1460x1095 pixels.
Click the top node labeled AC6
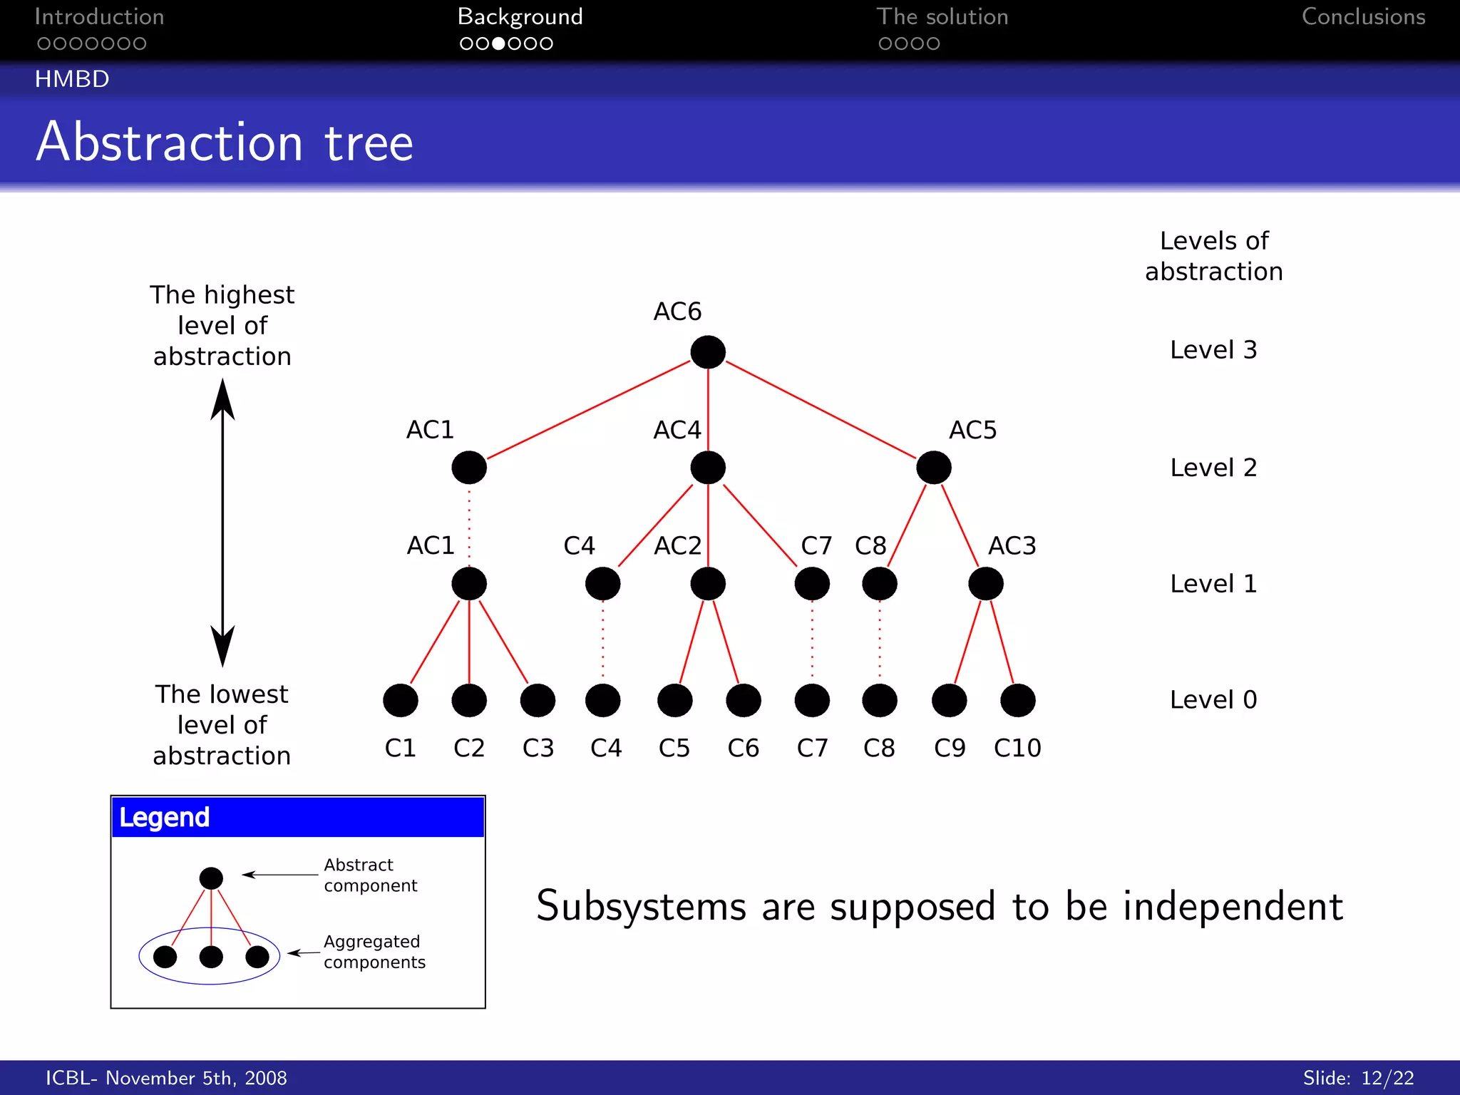708,352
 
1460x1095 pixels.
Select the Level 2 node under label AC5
934,468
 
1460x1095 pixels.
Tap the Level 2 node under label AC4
708,468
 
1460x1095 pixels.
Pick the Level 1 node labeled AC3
986,584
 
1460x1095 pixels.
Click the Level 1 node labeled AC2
708,584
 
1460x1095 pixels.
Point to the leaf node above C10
1018,700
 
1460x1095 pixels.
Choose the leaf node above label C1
401,700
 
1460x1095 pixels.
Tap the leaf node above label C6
744,700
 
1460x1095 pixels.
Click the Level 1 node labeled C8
880,584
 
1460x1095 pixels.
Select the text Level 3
1213,350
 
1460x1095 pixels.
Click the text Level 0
1213,700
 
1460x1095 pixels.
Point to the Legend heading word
165,817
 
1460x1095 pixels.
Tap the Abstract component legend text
370,875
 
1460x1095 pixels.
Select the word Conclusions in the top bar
1363,17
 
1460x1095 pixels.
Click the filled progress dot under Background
499,43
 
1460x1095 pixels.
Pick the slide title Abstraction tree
225,142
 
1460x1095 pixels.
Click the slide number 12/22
1387,1078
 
